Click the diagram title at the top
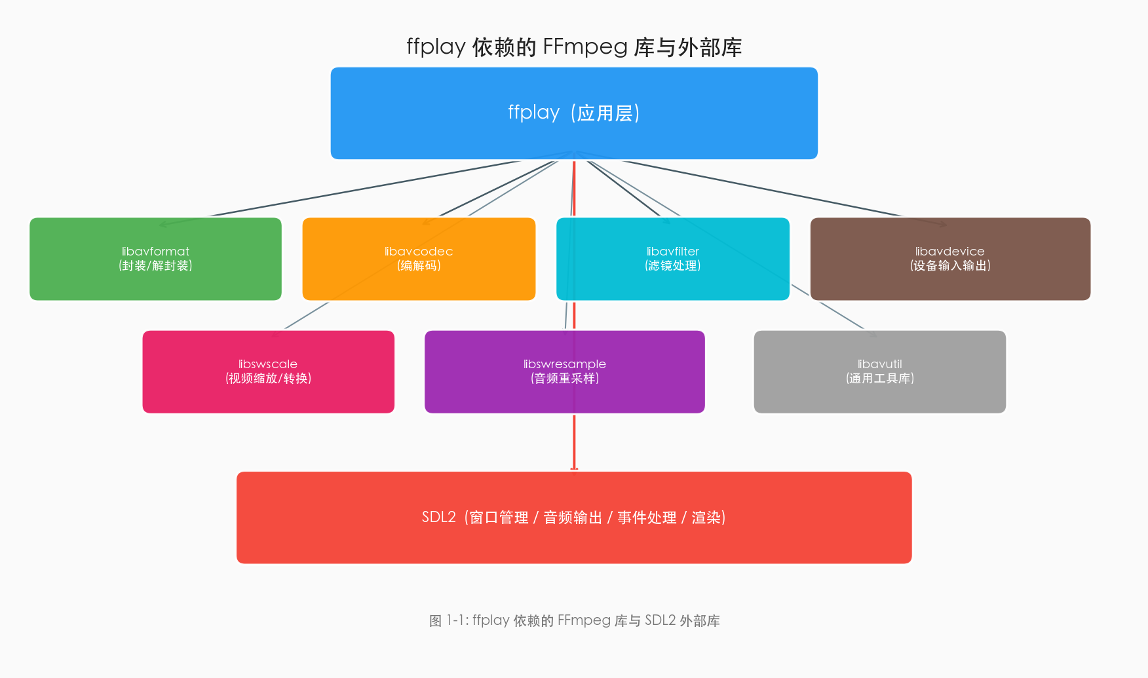click(574, 47)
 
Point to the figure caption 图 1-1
click(574, 620)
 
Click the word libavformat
click(155, 252)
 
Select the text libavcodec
click(419, 252)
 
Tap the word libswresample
click(564, 364)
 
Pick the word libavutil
click(879, 364)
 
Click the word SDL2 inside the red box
click(438, 518)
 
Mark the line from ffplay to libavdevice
click(763, 188)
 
